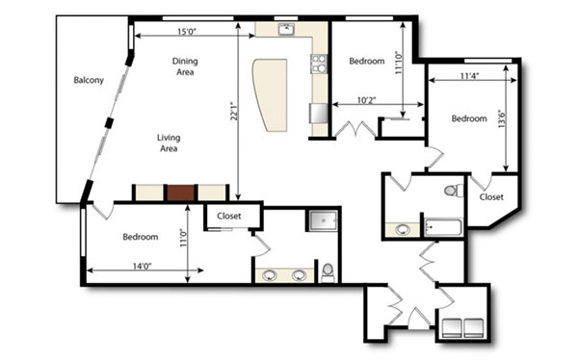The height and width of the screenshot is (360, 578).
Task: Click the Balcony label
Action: point(89,80)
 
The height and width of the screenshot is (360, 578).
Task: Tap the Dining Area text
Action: point(185,66)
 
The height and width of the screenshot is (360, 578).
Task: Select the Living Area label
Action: point(169,143)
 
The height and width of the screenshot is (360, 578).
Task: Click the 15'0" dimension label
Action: point(187,32)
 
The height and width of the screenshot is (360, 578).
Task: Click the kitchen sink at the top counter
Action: point(286,29)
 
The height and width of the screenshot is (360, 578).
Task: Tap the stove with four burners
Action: point(319,64)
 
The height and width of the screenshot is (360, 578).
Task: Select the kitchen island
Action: point(271,94)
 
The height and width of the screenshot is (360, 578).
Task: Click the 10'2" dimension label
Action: point(366,100)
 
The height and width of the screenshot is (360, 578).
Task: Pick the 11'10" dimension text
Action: point(399,63)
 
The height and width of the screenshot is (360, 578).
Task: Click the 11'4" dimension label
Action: point(469,76)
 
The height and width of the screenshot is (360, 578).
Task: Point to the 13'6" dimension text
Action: point(502,118)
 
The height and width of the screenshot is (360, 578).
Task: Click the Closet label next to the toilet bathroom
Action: point(491,197)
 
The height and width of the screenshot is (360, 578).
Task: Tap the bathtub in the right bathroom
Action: point(443,227)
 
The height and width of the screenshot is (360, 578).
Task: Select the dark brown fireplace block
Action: point(181,193)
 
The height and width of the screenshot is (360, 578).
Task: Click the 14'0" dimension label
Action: point(143,266)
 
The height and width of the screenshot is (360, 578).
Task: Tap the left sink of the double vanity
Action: point(270,275)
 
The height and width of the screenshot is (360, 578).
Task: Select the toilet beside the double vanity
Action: point(328,272)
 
